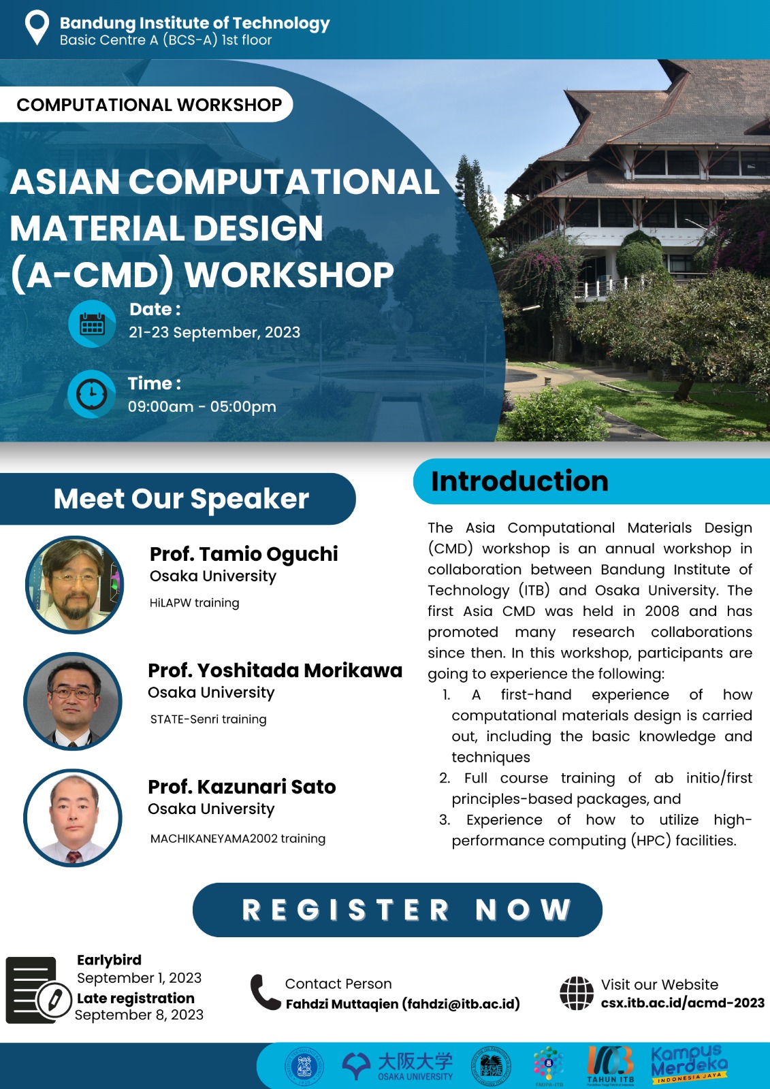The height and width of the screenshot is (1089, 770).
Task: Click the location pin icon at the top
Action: coord(37,28)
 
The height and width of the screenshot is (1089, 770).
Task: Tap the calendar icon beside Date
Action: coord(92,324)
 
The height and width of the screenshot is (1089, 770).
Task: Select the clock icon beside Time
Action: coord(91,394)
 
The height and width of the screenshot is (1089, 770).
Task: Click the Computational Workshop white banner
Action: coord(146,105)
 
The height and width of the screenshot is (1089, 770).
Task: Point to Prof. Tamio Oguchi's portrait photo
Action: coord(74,585)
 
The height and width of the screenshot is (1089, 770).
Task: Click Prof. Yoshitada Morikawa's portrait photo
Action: coord(73,701)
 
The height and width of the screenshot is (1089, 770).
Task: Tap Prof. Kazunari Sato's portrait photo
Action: coord(73,817)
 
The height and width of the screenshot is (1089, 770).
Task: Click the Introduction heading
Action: coord(519,481)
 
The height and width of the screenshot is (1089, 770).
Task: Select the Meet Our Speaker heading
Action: coord(181,499)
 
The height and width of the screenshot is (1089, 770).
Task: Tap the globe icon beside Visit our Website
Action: coord(577,993)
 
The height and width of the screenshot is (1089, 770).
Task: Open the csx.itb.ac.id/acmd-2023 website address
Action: coord(682,1003)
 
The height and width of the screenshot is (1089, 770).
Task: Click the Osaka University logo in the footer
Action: coord(398,1066)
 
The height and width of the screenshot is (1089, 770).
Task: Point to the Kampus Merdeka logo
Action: coord(689,1064)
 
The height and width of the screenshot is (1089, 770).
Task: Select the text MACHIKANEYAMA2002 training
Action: coord(238,839)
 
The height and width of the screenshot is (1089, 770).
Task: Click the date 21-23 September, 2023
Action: coord(214,333)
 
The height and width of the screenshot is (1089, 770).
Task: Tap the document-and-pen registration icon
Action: coord(38,990)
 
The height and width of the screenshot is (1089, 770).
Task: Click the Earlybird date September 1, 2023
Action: coord(139,977)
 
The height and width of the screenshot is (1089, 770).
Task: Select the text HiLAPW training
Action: coord(195,603)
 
